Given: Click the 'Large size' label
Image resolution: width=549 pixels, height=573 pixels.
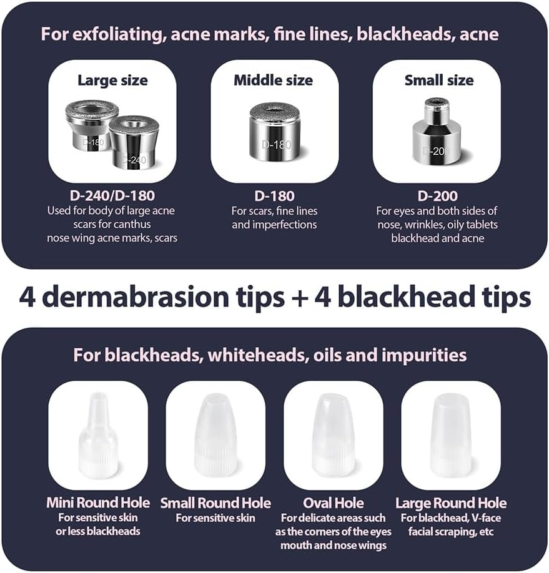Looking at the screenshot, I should pos(112,81).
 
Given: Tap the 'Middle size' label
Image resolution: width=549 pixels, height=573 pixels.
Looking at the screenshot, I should pos(274,81).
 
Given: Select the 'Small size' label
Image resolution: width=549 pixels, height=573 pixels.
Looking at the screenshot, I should pos(438,81).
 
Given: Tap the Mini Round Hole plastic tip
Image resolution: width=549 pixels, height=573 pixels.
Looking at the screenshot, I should pos(98,436).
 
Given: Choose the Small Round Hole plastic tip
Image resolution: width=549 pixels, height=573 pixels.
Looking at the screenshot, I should pos(215,436).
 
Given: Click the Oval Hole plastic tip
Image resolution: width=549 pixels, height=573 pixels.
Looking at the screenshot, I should pos(333,436).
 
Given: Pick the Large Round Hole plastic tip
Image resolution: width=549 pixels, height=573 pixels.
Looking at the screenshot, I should pos(450,436).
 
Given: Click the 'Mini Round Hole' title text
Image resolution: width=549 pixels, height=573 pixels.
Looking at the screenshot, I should pos(98,503).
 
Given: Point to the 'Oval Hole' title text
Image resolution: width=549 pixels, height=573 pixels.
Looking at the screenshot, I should pos(333,503).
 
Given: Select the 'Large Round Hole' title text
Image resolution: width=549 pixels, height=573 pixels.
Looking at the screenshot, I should pos(451,503).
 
